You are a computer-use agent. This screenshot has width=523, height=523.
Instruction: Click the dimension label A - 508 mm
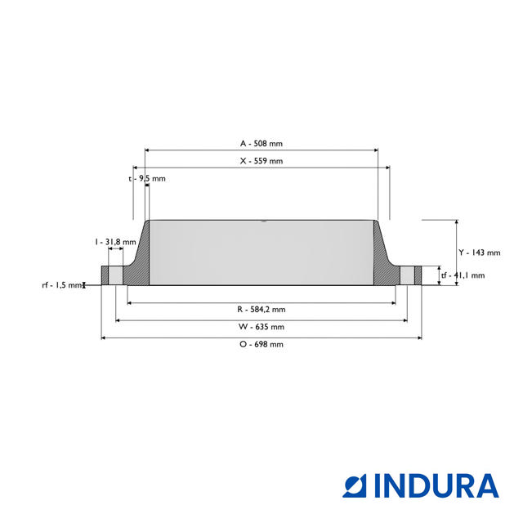coord(261,143)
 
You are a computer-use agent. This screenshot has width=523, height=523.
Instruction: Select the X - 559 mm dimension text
coord(261,161)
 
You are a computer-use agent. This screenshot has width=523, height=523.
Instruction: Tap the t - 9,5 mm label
coord(147,178)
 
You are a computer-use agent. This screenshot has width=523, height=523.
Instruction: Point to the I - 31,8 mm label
coord(114,242)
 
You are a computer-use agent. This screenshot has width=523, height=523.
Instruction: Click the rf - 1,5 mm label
coord(62,285)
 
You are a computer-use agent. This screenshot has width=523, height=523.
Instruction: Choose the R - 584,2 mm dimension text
coord(261,309)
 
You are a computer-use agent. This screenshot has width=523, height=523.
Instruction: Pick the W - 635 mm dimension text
coord(261,327)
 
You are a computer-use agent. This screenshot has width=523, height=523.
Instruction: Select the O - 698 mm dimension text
coord(261,344)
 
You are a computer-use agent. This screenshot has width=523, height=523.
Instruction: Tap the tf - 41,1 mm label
coord(463,275)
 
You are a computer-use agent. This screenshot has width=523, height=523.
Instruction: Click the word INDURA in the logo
coord(436,485)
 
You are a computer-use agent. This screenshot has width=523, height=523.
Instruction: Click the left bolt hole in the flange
coord(116,275)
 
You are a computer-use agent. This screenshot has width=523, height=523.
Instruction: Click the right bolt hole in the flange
coord(406,275)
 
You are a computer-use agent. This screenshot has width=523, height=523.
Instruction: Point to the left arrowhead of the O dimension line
coord(104,337)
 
